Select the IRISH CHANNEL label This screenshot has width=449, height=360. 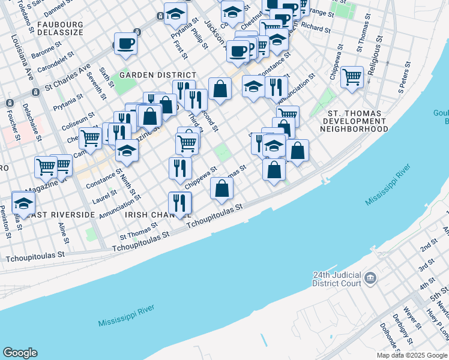point(157,214)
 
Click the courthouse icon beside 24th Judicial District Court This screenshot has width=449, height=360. point(370,277)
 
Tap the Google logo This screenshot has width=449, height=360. point(20,353)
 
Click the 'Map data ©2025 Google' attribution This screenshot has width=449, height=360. point(411,355)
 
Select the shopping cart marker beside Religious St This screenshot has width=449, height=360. point(352,77)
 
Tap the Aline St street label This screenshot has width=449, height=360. point(63,230)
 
